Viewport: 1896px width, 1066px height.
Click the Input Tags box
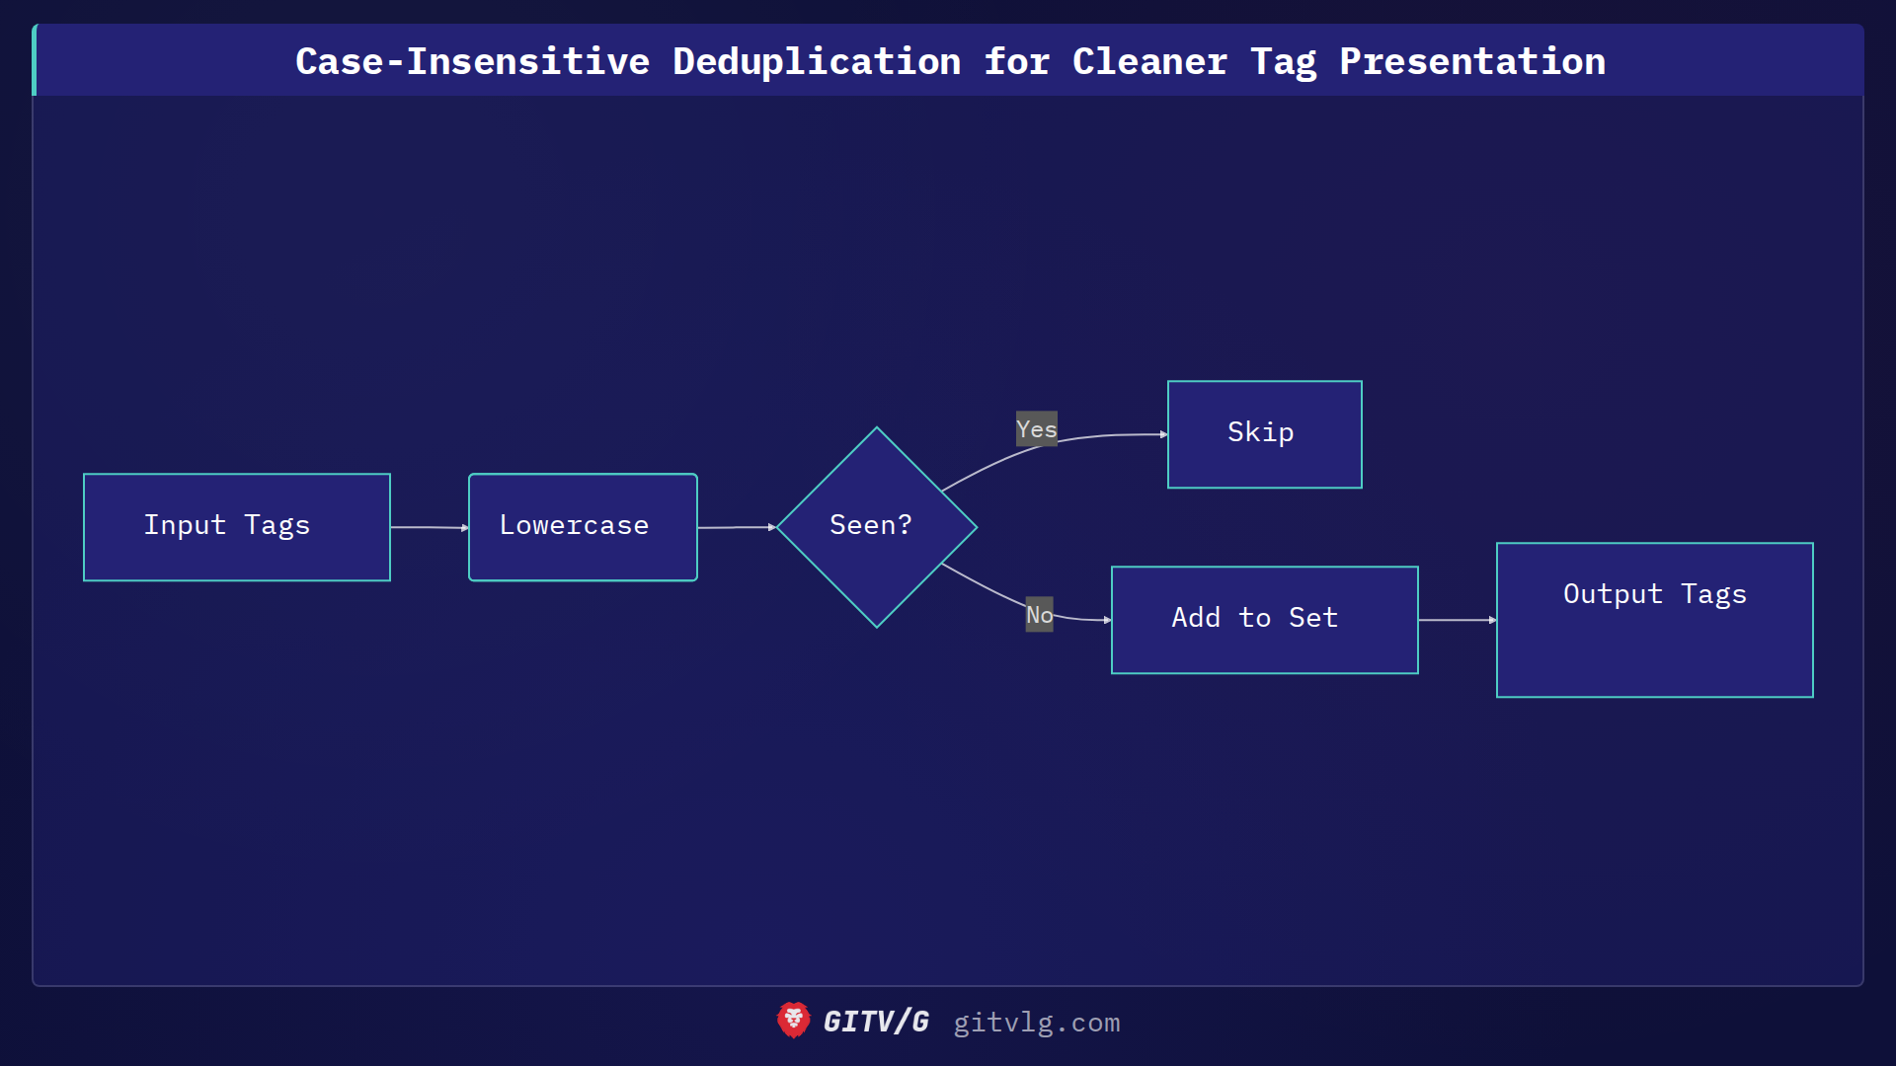(x=237, y=527)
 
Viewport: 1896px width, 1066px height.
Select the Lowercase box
(x=583, y=527)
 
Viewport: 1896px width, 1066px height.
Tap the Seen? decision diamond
(x=876, y=527)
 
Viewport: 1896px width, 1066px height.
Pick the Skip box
(x=1264, y=434)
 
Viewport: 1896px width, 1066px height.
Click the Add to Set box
(x=1264, y=620)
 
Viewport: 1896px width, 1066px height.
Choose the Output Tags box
(x=1654, y=620)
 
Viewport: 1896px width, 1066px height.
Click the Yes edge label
(x=1036, y=429)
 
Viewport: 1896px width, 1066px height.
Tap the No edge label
(x=1039, y=615)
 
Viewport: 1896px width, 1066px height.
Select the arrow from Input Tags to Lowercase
(x=429, y=528)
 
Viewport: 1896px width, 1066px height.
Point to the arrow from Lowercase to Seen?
(x=736, y=528)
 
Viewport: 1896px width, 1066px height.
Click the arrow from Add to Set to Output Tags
(x=1457, y=620)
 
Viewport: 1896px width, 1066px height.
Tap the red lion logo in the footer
(x=793, y=1021)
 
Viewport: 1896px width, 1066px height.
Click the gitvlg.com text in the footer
(x=1036, y=1023)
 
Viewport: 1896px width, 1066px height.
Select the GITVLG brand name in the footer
(x=876, y=1022)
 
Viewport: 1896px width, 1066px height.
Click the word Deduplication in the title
(x=817, y=61)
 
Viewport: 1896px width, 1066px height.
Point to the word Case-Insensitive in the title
(x=472, y=61)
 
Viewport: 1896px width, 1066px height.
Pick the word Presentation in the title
(x=1471, y=61)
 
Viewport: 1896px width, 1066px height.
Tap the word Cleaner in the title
(x=1149, y=61)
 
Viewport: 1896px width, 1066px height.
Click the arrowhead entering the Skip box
(x=1163, y=434)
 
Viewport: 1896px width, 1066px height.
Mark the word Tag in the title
(x=1283, y=61)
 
